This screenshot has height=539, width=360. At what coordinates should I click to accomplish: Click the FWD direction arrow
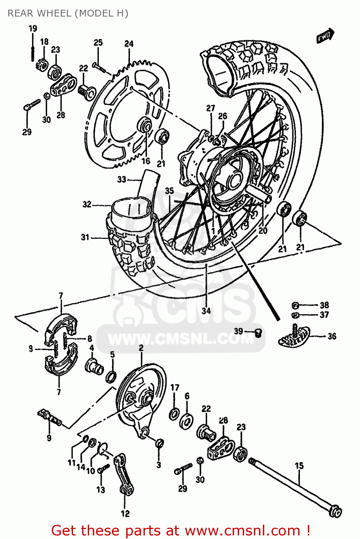[325, 36]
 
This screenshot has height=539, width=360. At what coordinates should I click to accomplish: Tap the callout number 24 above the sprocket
[129, 44]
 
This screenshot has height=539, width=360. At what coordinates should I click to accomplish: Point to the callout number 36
[332, 336]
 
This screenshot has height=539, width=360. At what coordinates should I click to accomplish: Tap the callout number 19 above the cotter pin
[33, 28]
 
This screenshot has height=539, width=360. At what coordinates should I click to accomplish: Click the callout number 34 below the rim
[206, 311]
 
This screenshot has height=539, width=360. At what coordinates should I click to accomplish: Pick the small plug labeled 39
[258, 333]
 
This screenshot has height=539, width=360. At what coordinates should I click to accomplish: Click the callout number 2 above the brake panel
[141, 348]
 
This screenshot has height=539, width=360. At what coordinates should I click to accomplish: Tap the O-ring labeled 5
[111, 376]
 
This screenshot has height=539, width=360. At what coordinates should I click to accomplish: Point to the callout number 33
[122, 179]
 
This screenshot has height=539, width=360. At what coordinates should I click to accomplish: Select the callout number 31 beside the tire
[85, 237]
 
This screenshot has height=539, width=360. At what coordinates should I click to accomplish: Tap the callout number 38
[324, 305]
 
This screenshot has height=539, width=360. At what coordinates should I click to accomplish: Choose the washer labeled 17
[174, 414]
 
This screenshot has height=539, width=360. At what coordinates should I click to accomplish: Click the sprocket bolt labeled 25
[99, 67]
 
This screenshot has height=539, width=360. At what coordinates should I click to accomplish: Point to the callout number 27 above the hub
[210, 108]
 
